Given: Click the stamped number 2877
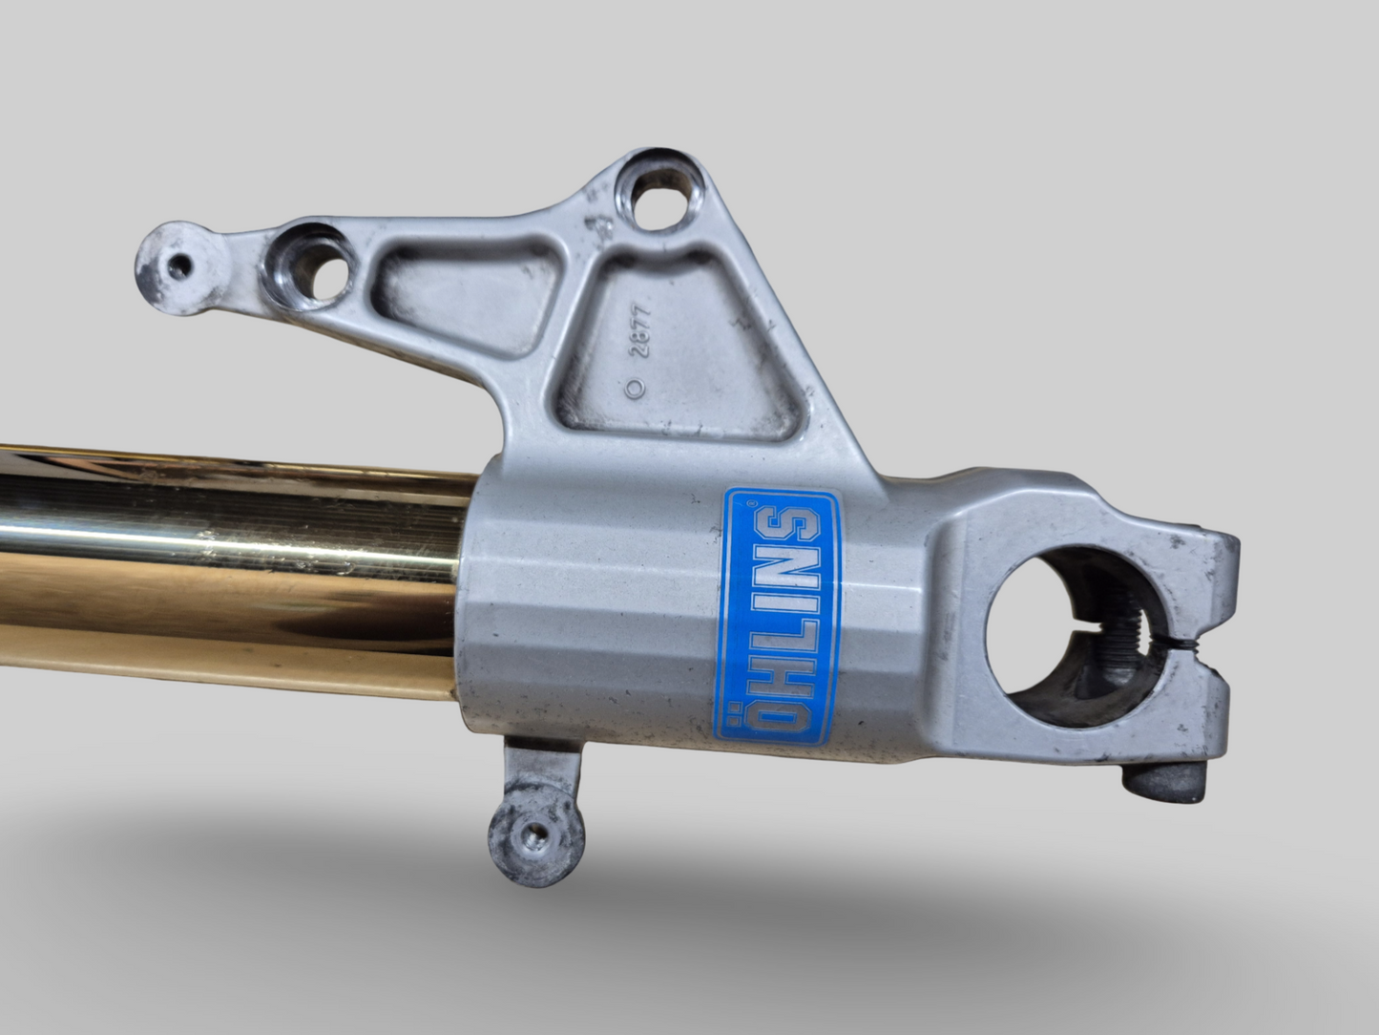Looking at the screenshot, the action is [x=640, y=332].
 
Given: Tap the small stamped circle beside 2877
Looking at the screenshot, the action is [x=636, y=388].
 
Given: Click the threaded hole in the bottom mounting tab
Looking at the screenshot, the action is [x=535, y=835].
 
